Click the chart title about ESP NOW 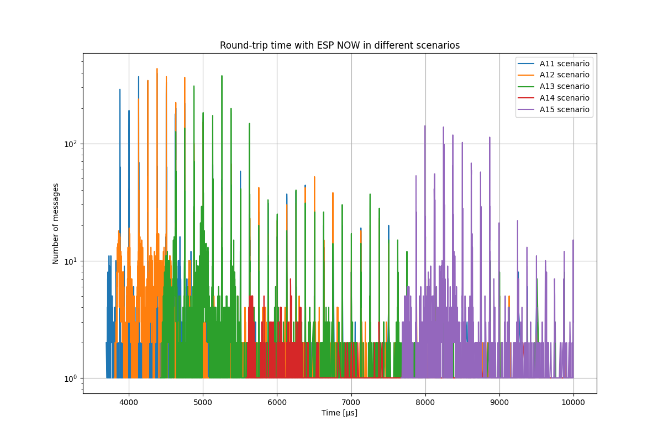tap(339, 45)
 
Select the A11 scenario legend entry tap(564, 64)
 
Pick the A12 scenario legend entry tap(564, 75)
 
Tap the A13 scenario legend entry tap(564, 87)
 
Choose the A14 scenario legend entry tap(564, 98)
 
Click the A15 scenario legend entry tap(564, 110)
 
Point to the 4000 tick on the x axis tap(129, 402)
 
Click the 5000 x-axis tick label tap(203, 402)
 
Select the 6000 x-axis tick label tap(277, 402)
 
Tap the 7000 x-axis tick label tap(351, 402)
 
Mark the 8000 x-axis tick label tap(425, 402)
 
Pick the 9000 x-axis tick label tap(499, 402)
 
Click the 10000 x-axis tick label tap(573, 402)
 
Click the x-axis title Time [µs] tap(339, 413)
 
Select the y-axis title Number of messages tap(56, 223)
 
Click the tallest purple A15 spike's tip tap(425, 126)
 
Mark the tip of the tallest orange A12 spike tap(157, 69)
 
